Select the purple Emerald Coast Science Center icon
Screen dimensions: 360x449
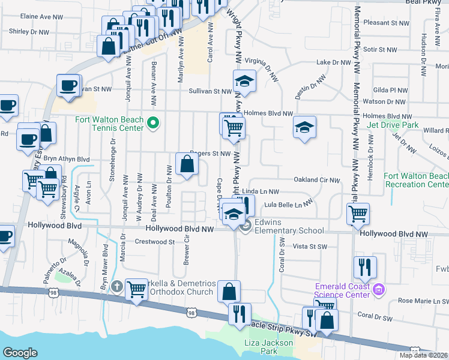(x=378, y=291)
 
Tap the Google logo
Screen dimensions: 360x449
(x=20, y=352)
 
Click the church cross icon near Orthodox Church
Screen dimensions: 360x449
(x=116, y=287)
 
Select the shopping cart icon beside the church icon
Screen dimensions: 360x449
(x=137, y=289)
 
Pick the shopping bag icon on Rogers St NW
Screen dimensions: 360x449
(x=187, y=164)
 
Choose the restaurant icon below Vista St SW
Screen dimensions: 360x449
(x=365, y=268)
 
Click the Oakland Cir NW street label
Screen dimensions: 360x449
(x=316, y=179)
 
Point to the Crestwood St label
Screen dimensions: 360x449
(x=154, y=242)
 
